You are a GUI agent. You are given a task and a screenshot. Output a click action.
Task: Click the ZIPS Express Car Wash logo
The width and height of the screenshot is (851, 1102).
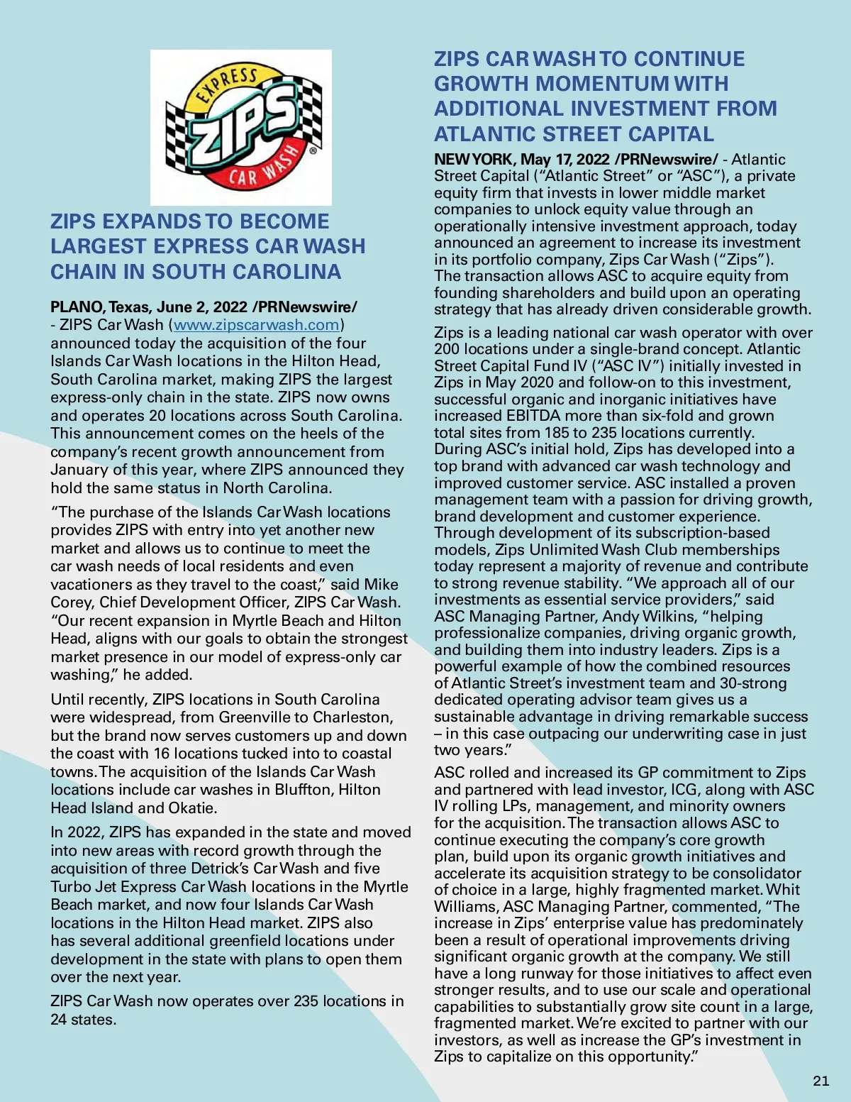[241, 128]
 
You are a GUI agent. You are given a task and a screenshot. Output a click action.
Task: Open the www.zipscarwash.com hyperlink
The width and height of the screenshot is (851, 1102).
[256, 325]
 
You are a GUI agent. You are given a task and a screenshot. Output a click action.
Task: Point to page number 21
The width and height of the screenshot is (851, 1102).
[821, 1081]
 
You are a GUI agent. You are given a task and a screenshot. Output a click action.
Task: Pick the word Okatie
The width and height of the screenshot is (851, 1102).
[192, 808]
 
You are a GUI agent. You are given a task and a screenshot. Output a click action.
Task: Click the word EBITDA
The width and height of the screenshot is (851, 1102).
[533, 416]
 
